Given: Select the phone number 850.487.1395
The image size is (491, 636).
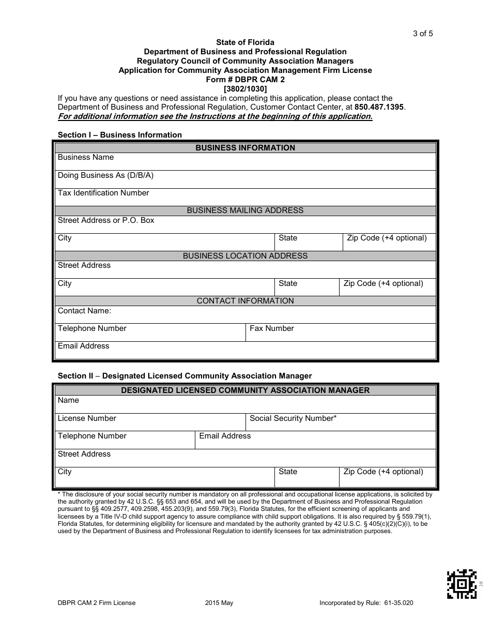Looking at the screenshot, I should [380, 107].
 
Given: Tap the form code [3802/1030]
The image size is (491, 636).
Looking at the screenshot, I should [245, 89].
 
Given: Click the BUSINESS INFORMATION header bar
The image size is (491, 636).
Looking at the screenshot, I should [245, 148].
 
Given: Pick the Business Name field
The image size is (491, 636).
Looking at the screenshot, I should [245, 162].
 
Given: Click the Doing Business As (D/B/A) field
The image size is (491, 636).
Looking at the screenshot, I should [245, 180].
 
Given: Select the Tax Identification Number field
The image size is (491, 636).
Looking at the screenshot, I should [245, 198].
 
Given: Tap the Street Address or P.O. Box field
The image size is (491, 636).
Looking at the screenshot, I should [245, 225].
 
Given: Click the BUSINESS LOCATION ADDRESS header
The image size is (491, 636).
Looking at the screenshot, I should [245, 256].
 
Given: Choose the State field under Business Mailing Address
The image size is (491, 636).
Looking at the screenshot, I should [308, 243].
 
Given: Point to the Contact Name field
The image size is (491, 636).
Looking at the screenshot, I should [245, 315].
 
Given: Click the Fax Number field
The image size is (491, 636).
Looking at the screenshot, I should [341, 333].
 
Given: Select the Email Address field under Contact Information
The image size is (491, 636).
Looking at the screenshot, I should [245, 351].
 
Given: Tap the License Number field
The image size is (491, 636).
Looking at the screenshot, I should [150, 422].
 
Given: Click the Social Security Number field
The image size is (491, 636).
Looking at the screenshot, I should [341, 422].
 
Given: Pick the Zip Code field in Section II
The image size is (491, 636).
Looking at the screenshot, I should [387, 476].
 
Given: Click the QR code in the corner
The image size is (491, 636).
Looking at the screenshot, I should [462, 584].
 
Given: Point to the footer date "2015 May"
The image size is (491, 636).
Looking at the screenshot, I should [219, 603].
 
